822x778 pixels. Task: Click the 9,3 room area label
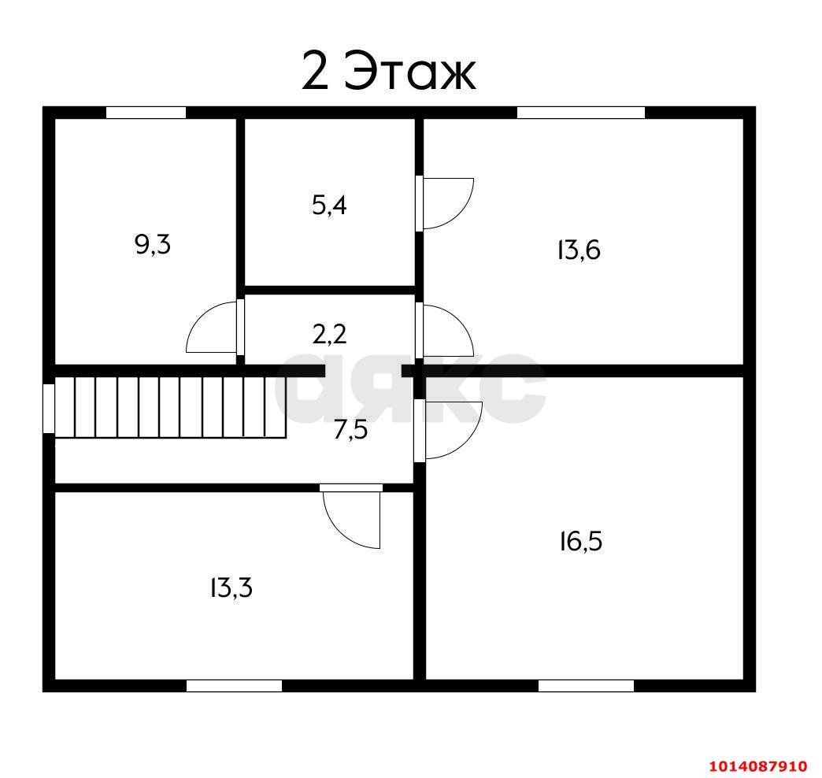pos(153,244)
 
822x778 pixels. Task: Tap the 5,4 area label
pos(329,205)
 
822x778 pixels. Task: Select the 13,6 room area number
pos(578,250)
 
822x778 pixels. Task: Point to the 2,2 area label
pos(329,334)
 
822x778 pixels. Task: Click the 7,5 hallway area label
pos(350,430)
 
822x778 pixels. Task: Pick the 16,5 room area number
pos(581,541)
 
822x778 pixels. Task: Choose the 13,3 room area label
pos(231,587)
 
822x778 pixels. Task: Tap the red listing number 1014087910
pos(758,766)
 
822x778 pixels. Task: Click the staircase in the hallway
pos(170,407)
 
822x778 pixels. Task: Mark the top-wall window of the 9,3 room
pos(146,113)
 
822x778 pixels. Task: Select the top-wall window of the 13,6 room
pos(581,113)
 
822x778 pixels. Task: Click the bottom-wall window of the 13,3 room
pos(235,686)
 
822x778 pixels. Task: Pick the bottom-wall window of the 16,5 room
pos(586,686)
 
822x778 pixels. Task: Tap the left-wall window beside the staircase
pos(49,409)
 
